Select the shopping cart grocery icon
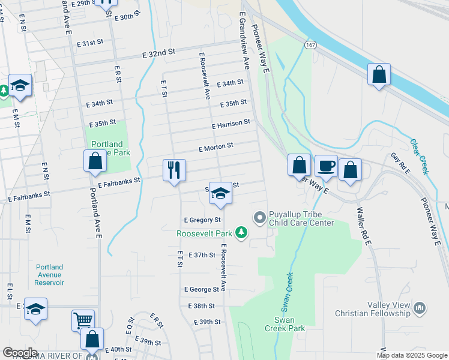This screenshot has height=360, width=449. click(83, 320)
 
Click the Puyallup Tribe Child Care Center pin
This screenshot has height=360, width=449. click(260, 218)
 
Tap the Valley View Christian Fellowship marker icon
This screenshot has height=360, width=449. click(420, 308)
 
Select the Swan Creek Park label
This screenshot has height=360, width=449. click(285, 324)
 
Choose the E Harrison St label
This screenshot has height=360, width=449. click(231, 123)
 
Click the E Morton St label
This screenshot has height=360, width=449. click(215, 146)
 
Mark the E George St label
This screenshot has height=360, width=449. click(202, 289)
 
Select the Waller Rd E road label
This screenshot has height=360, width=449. click(364, 224)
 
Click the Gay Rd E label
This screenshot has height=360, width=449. click(400, 164)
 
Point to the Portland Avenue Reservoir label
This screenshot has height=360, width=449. click(49, 275)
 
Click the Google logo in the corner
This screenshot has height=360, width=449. click(20, 352)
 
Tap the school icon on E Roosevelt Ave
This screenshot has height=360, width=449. click(220, 193)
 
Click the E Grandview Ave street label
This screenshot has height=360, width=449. click(244, 39)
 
